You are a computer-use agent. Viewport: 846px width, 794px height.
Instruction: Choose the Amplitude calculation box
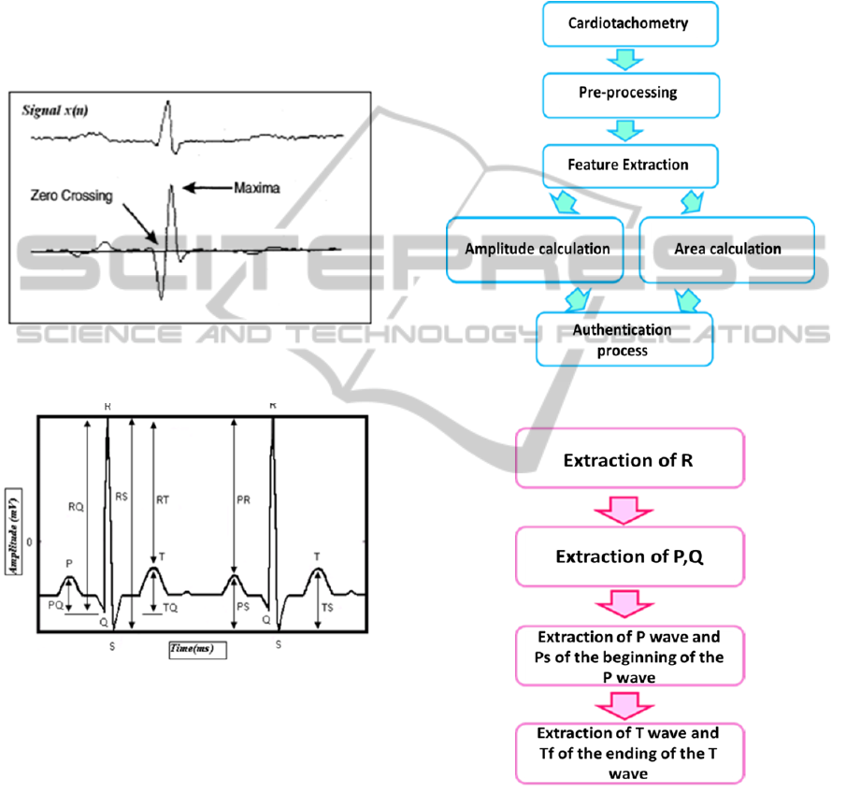coord(537,249)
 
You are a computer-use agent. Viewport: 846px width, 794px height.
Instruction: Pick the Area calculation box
coord(727,249)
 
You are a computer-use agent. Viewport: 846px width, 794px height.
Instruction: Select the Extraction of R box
coord(629,459)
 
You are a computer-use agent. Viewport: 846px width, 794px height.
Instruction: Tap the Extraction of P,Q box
coord(629,556)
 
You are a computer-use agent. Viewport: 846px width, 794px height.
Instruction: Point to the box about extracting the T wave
coord(629,751)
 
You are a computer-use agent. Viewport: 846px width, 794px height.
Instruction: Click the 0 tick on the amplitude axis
coord(29,541)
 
